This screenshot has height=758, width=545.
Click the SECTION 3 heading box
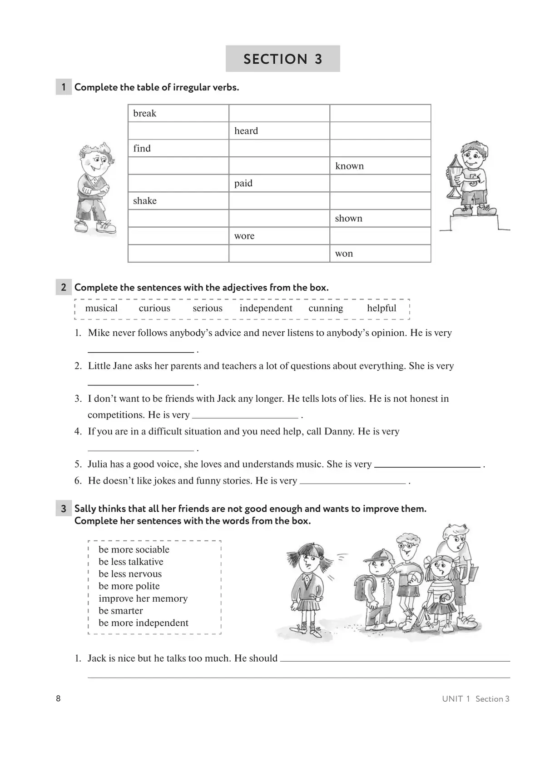[x=282, y=59]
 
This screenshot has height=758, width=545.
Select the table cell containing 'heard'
[x=279, y=131]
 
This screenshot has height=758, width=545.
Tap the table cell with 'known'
[x=380, y=166]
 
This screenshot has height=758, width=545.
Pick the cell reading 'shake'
[x=178, y=201]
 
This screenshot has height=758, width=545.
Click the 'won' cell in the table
[x=380, y=254]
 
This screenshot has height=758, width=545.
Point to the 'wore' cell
[x=279, y=236]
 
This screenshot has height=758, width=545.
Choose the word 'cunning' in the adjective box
[x=326, y=308]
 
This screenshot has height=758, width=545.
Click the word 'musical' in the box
[x=101, y=308]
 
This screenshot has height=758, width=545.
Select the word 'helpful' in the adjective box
[x=381, y=308]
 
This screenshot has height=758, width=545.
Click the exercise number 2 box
[x=64, y=287]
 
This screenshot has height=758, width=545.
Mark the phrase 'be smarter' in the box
[x=121, y=611]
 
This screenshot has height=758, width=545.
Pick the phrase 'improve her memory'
[x=143, y=598]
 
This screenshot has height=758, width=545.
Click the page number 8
[x=58, y=698]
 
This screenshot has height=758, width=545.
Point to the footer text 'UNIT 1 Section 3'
[x=476, y=699]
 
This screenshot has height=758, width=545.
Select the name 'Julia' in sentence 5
[x=98, y=464]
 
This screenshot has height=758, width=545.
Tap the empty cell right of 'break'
[x=279, y=113]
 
